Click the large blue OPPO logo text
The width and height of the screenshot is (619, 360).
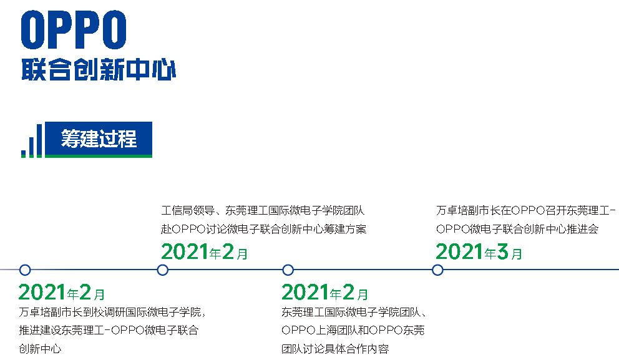74,30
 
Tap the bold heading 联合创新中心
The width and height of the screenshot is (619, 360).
99,69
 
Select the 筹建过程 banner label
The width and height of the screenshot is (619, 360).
99,139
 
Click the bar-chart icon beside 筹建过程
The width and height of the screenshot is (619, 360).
32,141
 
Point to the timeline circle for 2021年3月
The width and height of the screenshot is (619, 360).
437,270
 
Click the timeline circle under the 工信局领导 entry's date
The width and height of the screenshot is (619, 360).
163,270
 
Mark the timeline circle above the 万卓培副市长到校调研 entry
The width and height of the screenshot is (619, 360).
25,270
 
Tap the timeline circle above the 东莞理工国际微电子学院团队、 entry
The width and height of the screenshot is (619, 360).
288,270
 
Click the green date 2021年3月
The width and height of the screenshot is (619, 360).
479,251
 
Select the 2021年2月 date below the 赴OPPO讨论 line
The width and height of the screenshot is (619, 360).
205,251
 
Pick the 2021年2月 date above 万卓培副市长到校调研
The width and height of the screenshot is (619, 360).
62,292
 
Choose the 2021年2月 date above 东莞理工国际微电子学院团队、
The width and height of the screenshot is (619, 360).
325,292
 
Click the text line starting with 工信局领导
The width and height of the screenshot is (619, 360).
263,210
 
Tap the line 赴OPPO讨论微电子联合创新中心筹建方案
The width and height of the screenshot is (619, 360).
264,229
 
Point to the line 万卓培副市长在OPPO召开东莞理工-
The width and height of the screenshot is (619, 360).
526,210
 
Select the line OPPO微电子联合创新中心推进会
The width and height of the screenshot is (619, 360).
517,229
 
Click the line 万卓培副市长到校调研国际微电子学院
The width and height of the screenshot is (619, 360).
112,312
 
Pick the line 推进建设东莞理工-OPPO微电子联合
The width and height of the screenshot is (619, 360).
109,330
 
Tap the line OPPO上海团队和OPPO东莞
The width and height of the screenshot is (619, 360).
353,330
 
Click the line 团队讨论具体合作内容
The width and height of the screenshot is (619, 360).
335,349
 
